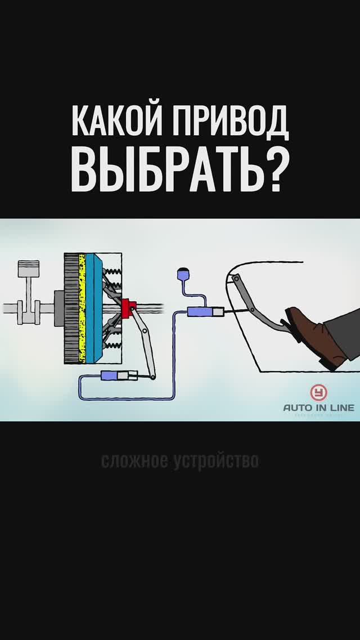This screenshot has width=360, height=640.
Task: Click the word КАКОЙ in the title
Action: (116, 122)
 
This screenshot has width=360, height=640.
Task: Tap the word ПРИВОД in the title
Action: (228, 122)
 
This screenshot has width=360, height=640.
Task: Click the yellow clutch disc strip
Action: (82, 307)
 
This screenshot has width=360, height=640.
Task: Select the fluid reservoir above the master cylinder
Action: (182, 275)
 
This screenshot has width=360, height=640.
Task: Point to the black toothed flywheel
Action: (70, 307)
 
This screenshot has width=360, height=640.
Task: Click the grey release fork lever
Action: (144, 343)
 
